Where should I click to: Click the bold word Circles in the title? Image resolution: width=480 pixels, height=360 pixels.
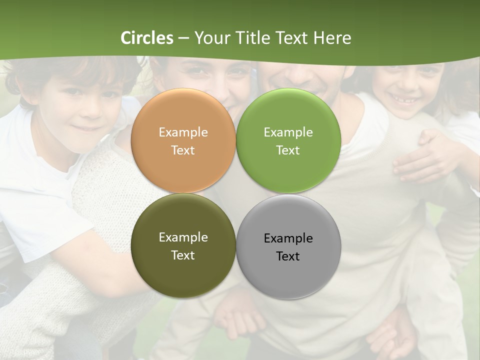point(147,38)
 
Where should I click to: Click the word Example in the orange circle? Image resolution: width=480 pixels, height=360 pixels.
point(183,132)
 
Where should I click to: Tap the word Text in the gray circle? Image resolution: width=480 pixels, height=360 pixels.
point(288,256)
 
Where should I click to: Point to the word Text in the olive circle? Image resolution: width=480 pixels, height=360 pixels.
point(183,255)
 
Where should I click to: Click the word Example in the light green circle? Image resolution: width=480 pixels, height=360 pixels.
point(288,132)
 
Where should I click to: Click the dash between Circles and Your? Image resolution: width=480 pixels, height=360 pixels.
point(183,38)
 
